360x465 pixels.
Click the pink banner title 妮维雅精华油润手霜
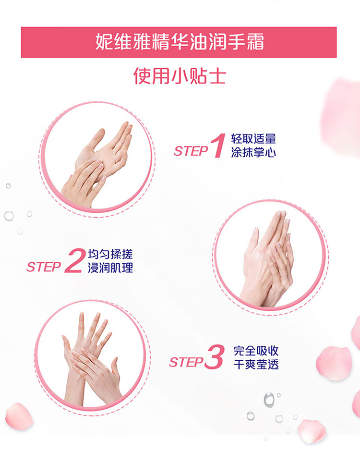[x=180, y=42]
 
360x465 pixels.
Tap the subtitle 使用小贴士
[x=180, y=76]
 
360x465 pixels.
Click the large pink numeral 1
[x=218, y=146]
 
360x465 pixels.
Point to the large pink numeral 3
[x=215, y=357]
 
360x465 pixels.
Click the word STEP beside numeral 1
[x=191, y=151]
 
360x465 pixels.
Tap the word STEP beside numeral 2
[x=44, y=267]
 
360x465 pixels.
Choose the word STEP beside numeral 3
[x=186, y=362]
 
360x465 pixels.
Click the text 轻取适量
[x=253, y=139]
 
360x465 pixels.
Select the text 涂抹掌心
[x=253, y=152]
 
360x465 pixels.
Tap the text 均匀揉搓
[x=110, y=254]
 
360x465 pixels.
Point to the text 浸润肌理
[x=110, y=268]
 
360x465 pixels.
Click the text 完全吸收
[x=256, y=351]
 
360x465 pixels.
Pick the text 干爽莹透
[x=256, y=364]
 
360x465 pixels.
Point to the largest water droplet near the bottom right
[x=269, y=400]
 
